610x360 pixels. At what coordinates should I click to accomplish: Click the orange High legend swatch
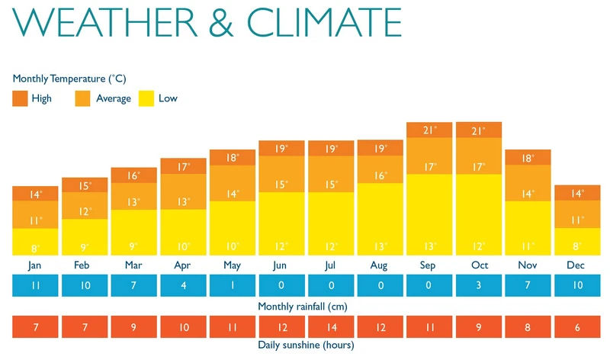pyautogui.click(x=20, y=98)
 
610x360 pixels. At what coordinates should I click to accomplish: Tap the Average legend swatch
pyautogui.click(x=82, y=98)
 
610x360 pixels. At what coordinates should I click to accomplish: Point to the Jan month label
pyautogui.click(x=35, y=266)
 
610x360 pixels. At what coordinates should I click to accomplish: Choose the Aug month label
pyautogui.click(x=380, y=266)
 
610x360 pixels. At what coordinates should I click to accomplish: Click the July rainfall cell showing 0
pyautogui.click(x=331, y=285)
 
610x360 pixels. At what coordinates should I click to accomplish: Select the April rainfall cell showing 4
pyautogui.click(x=183, y=285)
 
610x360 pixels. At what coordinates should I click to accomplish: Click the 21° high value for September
pyautogui.click(x=430, y=130)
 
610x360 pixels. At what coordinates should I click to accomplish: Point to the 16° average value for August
pyautogui.click(x=380, y=176)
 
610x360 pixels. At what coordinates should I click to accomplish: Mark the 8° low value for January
pyautogui.click(x=35, y=246)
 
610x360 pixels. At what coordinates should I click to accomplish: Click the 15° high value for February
pyautogui.click(x=85, y=185)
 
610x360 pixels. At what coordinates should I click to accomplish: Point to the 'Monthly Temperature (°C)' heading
pyautogui.click(x=69, y=79)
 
